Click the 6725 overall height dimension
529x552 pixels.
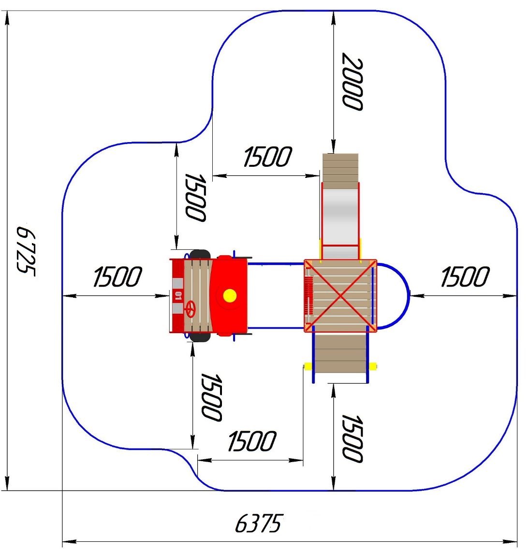pyautogui.click(x=26, y=251)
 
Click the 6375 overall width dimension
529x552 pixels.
pyautogui.click(x=259, y=523)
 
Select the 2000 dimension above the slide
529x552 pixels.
pyautogui.click(x=353, y=82)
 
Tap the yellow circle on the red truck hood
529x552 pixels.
pyautogui.click(x=230, y=295)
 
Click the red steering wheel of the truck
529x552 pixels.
pyautogui.click(x=190, y=309)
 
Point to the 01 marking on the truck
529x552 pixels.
pyautogui.click(x=178, y=296)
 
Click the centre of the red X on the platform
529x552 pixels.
pyautogui.click(x=340, y=296)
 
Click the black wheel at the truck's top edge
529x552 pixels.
pyautogui.click(x=200, y=254)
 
